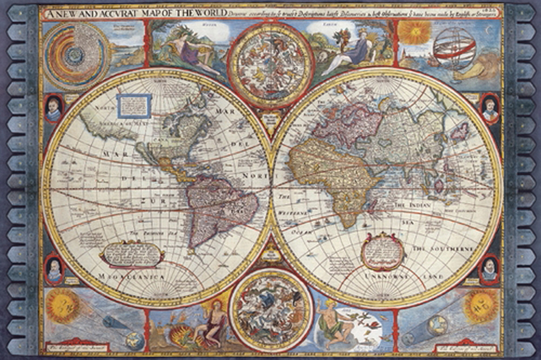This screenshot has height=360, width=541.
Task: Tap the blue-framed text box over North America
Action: coord(133,105)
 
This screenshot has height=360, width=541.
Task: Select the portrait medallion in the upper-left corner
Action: coord(53,109)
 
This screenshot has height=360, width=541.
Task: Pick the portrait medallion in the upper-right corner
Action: coord(490,108)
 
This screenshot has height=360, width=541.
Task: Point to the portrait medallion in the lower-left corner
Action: coord(53,269)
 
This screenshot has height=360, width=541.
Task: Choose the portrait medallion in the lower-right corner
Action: coord(489,269)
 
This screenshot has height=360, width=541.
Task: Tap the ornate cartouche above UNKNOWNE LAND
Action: coord(382,249)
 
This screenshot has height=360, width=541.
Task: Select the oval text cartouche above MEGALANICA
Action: coord(132,254)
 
